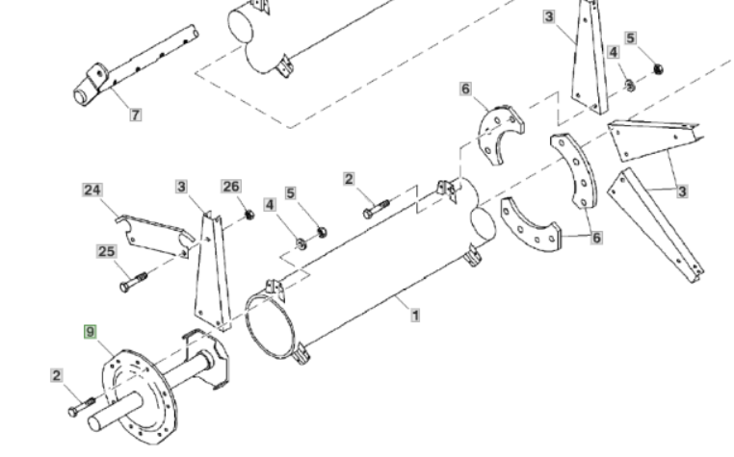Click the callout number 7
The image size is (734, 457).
[x=136, y=114]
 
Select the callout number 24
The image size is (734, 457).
[x=92, y=190]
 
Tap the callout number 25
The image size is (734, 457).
[x=106, y=252]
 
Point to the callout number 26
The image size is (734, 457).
[x=231, y=186]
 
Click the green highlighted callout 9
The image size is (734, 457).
[x=91, y=332]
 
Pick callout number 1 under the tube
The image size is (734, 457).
[x=415, y=315]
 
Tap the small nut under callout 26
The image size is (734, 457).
[x=248, y=214]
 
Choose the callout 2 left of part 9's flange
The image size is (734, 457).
[x=58, y=375]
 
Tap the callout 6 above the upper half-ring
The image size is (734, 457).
[x=466, y=89]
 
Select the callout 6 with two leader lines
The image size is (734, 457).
[x=596, y=237]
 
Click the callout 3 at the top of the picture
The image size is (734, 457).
[x=548, y=16]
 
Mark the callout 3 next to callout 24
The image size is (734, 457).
[x=181, y=186]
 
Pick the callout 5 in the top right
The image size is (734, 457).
[x=631, y=38]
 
